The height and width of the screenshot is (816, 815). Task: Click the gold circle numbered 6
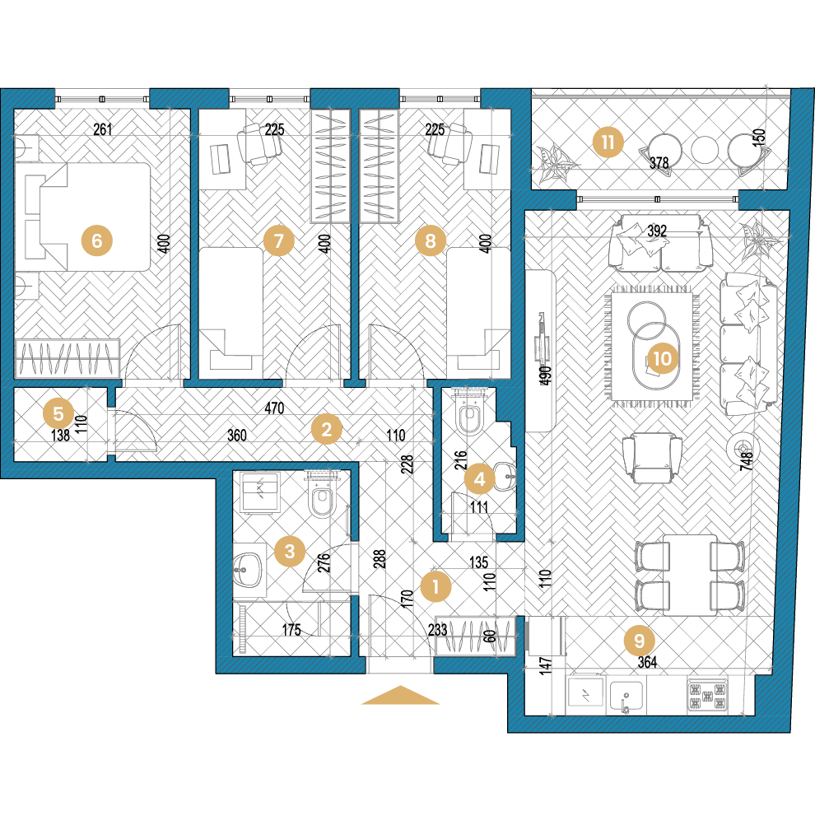point(97,240)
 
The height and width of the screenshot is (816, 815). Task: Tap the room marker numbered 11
point(608,142)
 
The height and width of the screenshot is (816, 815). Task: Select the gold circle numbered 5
point(58,413)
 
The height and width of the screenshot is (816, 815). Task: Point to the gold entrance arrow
point(401,695)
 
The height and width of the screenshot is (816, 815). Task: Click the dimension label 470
point(274,408)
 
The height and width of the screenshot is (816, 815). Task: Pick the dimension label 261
point(103,128)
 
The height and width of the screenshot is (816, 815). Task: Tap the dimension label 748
point(747,461)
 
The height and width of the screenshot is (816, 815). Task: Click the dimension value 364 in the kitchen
point(647,662)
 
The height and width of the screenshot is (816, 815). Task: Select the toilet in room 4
point(470,413)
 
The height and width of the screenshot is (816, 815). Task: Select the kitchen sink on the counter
point(626,697)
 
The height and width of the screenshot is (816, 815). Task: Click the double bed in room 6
point(83,217)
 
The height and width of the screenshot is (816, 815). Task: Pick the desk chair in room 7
point(259,143)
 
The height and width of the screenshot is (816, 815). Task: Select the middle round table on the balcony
point(705,150)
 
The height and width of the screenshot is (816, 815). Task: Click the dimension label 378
point(659,163)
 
